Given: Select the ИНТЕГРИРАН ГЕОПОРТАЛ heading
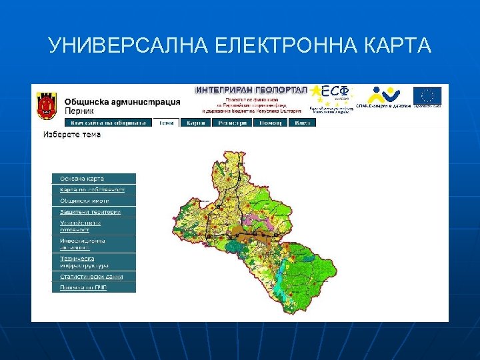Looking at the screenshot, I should click(251, 89).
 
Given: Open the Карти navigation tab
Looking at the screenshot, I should click(195, 123).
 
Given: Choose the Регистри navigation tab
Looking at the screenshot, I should click(232, 123).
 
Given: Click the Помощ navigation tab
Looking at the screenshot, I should click(270, 123).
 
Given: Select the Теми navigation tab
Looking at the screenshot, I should click(166, 123).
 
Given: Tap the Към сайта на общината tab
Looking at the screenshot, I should click(109, 123).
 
